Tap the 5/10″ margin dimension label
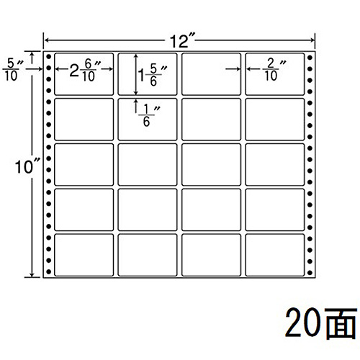pos(12,70)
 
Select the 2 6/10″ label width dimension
pos(84,71)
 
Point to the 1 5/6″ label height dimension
pos(152,76)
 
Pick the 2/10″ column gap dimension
pos(273,70)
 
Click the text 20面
pos(321,323)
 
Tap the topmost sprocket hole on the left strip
pos(49,57)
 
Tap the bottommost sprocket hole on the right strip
pos(310,273)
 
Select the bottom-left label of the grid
pos(84,255)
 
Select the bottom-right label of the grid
pos(275,255)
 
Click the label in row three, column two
pos(148,165)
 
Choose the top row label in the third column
pos(211,74)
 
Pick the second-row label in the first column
pos(84,120)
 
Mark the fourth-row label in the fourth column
pos(275,210)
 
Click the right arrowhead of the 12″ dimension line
pos(312,40)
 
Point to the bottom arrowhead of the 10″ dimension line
pos(32,275)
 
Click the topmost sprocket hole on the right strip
pos(310,58)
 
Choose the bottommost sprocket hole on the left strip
pos(49,271)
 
